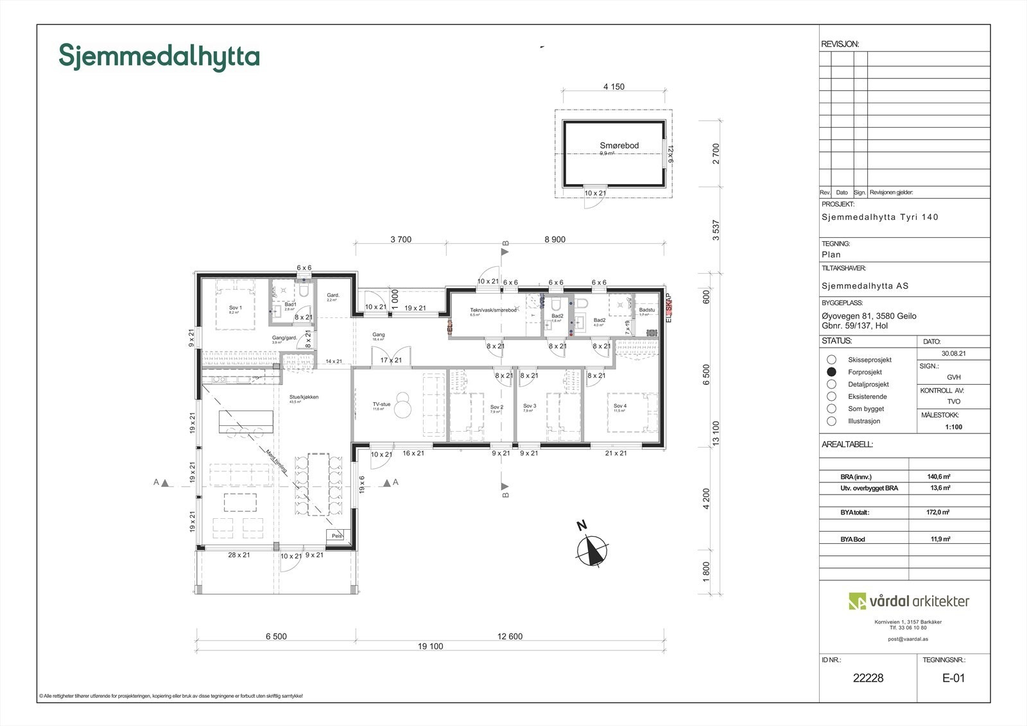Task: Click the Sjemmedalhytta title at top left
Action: click(159, 56)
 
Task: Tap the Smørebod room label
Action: click(619, 146)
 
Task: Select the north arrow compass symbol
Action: click(592, 549)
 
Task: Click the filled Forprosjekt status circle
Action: click(831, 371)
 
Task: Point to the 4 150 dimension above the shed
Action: click(614, 87)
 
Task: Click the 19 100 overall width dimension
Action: click(430, 646)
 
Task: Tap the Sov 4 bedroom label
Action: click(619, 406)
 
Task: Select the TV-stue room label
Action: click(381, 405)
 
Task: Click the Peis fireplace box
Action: click(336, 535)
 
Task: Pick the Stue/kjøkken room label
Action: click(304, 397)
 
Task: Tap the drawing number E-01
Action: click(953, 678)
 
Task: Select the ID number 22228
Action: click(868, 678)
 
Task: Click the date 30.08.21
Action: click(953, 353)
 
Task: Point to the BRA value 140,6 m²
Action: click(938, 477)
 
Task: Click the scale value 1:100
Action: click(953, 426)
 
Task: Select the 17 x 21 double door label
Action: click(390, 360)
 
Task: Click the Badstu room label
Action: click(646, 310)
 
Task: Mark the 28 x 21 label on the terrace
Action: click(238, 555)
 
